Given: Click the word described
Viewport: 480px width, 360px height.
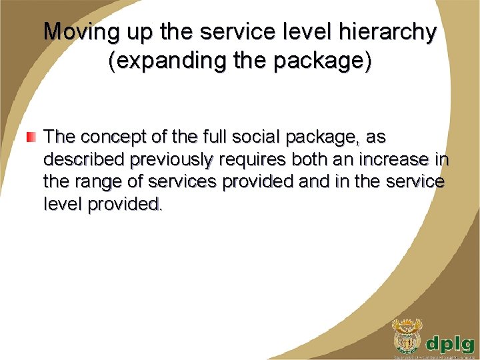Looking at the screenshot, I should tap(85, 160).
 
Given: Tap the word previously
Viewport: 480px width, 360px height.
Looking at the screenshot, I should tap(172, 160).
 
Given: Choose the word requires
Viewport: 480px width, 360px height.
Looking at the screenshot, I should tap(248, 160).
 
